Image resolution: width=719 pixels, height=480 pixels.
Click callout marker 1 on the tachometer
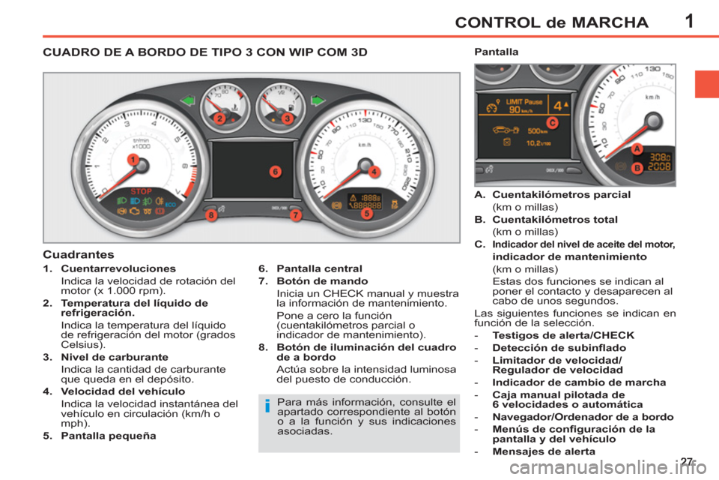[132, 160]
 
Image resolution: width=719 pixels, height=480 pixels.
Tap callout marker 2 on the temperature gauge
[219, 118]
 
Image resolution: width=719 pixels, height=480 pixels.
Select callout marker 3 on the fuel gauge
[286, 118]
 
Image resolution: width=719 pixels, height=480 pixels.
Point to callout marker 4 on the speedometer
[373, 171]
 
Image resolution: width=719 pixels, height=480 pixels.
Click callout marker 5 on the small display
[367, 213]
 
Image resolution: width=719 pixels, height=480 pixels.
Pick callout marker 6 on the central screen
[275, 172]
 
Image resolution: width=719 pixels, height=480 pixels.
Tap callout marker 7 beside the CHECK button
[295, 215]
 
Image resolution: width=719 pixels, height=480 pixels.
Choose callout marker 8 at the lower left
[211, 215]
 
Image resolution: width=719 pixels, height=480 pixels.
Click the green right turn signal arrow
[318, 100]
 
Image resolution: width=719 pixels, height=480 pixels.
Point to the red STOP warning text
[142, 192]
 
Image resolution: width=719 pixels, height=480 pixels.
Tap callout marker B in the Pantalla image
[636, 168]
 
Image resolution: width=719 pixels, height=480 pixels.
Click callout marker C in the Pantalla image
[551, 121]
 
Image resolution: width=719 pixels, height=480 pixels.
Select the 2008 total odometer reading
[659, 166]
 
